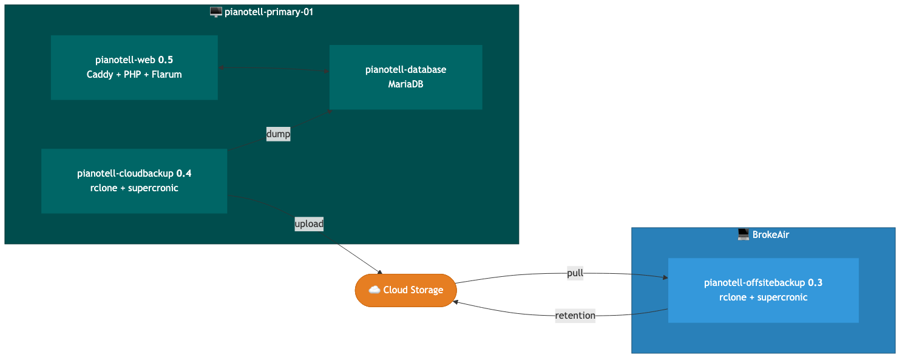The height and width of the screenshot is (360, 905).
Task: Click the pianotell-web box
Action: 134,67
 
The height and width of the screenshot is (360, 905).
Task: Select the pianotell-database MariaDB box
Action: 405,77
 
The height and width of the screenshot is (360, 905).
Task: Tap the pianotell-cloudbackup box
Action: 134,181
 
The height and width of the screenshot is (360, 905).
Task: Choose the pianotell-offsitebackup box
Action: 763,290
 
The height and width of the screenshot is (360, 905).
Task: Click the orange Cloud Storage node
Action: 405,290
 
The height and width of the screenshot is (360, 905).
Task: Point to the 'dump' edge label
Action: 278,134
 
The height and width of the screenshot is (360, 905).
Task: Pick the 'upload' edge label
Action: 309,224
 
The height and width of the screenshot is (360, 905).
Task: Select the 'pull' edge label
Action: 575,273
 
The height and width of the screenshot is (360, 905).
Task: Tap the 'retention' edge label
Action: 575,316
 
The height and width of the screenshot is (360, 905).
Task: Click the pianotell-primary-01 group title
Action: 268,12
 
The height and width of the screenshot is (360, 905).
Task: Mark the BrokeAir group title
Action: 770,234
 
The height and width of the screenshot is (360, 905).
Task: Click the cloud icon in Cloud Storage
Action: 374,290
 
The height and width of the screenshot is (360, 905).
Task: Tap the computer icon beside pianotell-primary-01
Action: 215,12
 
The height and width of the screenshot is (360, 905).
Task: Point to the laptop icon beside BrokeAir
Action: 743,234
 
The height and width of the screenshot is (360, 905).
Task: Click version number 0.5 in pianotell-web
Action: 166,59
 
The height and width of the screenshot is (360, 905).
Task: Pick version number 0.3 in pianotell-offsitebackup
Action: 815,283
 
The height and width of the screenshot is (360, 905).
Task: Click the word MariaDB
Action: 405,84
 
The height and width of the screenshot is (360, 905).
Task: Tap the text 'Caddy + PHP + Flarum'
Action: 134,75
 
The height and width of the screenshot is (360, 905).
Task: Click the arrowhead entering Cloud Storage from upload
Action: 380,273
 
